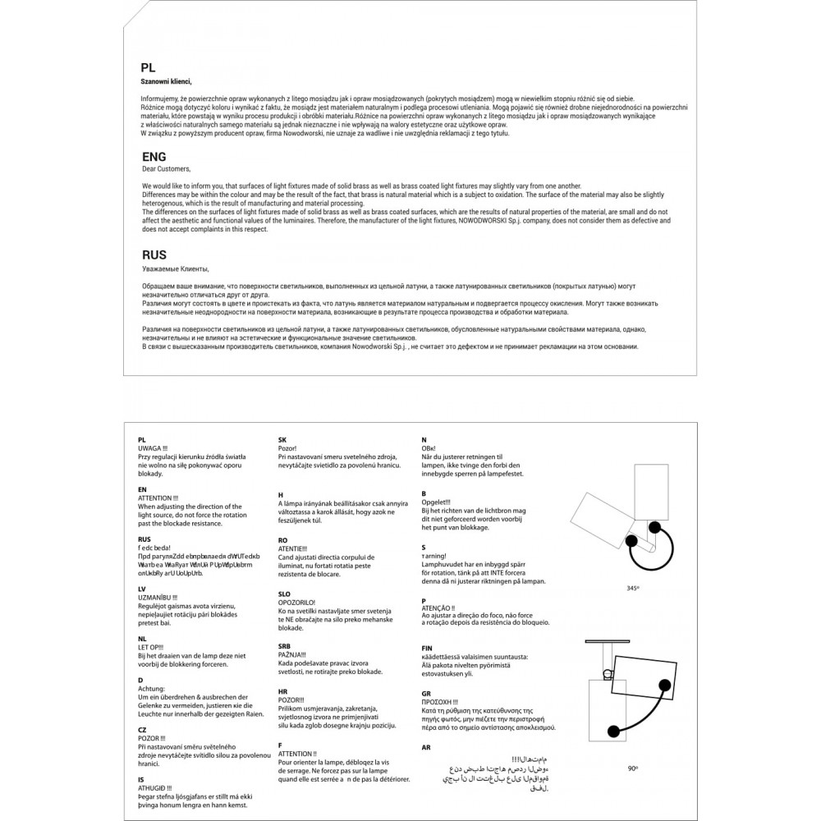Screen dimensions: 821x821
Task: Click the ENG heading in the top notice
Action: pos(154,156)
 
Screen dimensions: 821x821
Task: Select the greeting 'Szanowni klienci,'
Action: pos(167,82)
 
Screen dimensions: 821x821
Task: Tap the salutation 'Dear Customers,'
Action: pos(166,168)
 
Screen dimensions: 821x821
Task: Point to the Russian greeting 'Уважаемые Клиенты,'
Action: pos(176,268)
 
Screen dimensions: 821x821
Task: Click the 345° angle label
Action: pos(632,589)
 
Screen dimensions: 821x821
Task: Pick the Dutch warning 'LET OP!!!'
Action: pos(153,646)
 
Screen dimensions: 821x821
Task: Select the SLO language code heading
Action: pos(286,593)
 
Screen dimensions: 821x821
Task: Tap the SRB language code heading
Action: pos(286,646)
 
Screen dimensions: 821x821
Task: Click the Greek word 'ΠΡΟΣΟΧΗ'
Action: pos(438,702)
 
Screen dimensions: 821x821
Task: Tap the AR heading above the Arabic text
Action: pos(425,747)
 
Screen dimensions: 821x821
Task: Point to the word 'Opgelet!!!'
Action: pos(436,502)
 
